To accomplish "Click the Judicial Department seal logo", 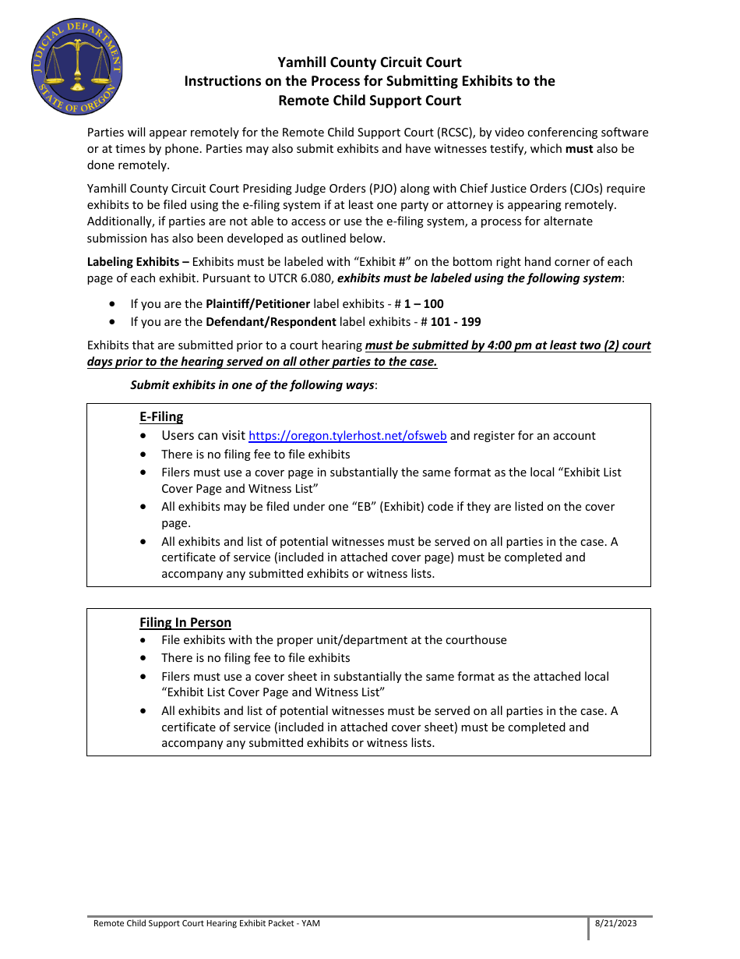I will click(x=76, y=67).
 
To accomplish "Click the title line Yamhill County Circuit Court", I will click(x=369, y=62).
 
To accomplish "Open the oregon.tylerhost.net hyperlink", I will click(x=347, y=436).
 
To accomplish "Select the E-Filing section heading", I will click(x=161, y=416).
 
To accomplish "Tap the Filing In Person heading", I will click(x=185, y=622).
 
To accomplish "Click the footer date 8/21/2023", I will click(x=615, y=923).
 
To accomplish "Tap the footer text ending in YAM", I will click(x=206, y=923).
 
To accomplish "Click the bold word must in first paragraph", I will click(x=579, y=148).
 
